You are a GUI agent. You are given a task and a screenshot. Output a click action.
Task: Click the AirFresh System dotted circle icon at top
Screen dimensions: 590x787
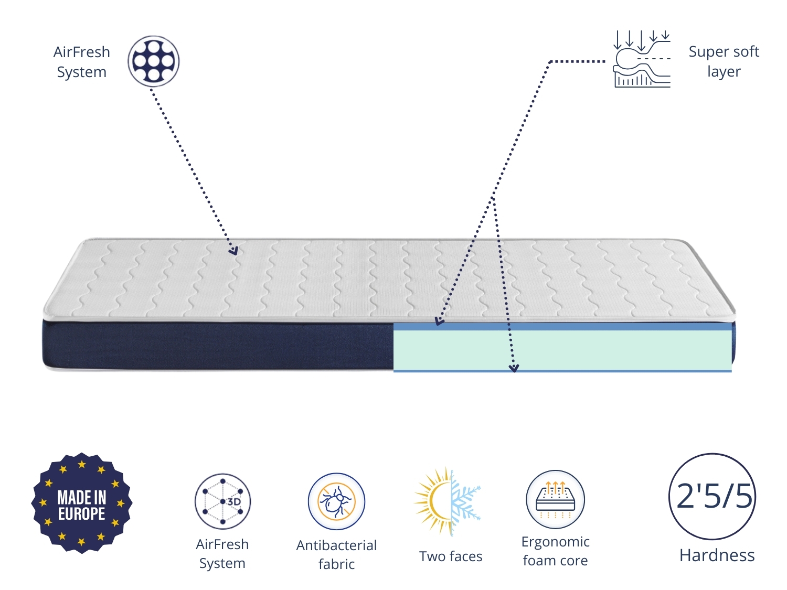153,61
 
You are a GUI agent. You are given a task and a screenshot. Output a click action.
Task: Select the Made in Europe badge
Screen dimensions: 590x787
82,503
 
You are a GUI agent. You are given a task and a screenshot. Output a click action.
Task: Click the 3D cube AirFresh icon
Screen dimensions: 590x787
222,501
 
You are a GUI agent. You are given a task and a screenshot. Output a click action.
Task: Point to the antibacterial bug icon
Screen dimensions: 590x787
336,501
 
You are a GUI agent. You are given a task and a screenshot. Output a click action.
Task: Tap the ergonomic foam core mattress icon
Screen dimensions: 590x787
555,499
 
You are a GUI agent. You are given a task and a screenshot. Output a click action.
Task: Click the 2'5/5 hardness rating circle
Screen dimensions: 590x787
712,496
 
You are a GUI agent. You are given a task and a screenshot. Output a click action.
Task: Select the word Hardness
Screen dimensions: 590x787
717,555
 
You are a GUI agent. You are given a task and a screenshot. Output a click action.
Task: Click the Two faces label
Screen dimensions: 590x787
451,556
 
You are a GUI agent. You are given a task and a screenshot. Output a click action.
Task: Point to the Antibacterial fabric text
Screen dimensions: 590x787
336,554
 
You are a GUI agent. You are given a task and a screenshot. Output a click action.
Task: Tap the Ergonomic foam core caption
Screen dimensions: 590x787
555,551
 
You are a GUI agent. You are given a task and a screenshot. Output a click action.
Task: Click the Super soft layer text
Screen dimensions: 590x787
724,61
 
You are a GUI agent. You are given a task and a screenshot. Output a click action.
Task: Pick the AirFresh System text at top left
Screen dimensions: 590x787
82,62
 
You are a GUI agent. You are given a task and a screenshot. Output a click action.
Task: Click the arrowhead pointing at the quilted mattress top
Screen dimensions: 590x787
233,251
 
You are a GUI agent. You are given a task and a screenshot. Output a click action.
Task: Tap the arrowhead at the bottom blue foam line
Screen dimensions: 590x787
514,368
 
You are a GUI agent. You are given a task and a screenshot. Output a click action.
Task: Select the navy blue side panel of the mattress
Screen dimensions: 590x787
218,346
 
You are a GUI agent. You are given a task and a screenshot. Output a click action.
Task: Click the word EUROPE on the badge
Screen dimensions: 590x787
82,514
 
